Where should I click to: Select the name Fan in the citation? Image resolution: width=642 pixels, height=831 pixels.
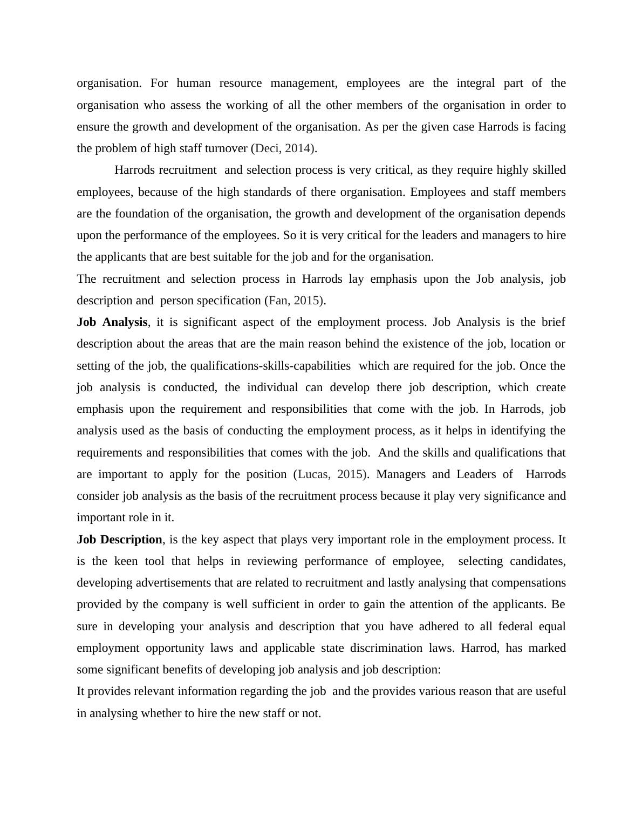277,301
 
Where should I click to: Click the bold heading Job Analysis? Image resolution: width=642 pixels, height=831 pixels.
112,322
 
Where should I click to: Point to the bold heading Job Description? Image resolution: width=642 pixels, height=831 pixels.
119,540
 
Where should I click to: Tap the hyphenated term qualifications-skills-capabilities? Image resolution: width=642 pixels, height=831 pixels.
262,366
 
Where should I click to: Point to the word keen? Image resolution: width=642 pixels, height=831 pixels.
126,561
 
